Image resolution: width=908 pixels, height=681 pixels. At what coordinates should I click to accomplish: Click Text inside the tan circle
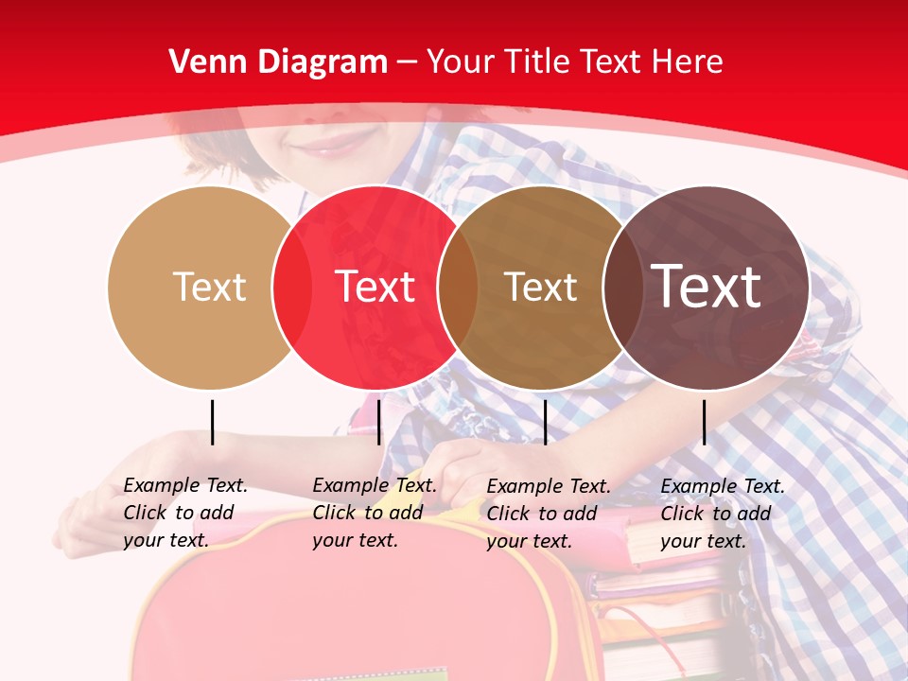click(209, 287)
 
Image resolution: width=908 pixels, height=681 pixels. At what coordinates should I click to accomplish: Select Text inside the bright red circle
click(375, 287)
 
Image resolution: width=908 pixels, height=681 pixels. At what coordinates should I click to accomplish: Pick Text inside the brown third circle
click(540, 287)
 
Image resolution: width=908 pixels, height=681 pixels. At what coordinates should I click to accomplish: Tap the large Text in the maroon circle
click(707, 286)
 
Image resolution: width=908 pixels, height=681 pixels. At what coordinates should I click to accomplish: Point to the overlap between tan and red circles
click(292, 288)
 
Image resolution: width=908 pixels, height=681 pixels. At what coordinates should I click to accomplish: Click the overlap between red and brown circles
click(458, 288)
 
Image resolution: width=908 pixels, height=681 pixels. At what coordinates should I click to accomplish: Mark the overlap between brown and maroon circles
click(623, 288)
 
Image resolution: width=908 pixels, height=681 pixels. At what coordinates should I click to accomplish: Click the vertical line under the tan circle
click(213, 422)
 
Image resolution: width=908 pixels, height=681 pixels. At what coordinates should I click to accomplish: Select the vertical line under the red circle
click(378, 422)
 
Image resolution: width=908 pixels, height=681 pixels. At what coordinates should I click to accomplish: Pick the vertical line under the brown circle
click(545, 422)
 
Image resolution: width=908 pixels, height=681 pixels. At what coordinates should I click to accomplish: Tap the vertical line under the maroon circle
click(705, 422)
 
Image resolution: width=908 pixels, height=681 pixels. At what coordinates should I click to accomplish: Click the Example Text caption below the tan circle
click(185, 513)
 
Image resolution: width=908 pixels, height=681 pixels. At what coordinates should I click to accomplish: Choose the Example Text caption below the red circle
click(375, 513)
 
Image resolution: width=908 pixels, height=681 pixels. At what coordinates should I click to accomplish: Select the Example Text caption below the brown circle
click(549, 514)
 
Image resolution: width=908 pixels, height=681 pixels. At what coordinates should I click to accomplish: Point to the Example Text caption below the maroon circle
click(723, 514)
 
